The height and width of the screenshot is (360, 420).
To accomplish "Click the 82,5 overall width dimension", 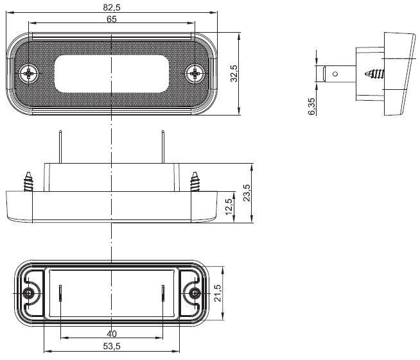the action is [x=112, y=8].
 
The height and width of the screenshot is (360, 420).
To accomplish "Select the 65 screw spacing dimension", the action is [x=112, y=19].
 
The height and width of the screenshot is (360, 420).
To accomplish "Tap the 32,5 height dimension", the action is [x=234, y=74].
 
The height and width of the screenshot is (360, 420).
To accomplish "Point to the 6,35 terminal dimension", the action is [x=311, y=107].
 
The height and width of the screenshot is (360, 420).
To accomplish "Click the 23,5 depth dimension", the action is [x=247, y=193].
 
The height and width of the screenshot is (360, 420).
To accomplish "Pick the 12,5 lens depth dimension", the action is [x=229, y=207].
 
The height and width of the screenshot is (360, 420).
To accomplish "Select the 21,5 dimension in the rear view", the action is [x=218, y=293].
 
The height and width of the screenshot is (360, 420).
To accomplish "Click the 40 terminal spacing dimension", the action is [x=112, y=334].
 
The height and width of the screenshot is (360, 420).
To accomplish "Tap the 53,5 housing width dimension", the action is [x=112, y=347].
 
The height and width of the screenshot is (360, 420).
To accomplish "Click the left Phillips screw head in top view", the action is [x=29, y=73].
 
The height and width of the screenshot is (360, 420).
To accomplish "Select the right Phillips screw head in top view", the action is [x=195, y=73].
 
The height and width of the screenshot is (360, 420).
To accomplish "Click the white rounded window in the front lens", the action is [x=112, y=74].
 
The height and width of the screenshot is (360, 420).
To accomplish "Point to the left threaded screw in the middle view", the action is [x=29, y=182].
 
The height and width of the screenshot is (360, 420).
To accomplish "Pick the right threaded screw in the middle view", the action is [x=195, y=182].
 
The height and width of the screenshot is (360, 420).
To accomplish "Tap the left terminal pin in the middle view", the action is [x=60, y=147].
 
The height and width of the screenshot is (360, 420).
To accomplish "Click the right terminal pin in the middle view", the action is [x=163, y=147].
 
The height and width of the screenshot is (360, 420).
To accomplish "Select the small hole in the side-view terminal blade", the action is [x=335, y=74].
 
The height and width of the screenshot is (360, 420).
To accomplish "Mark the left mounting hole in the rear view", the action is [x=28, y=293].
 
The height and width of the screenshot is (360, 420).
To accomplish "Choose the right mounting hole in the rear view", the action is [x=195, y=293].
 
